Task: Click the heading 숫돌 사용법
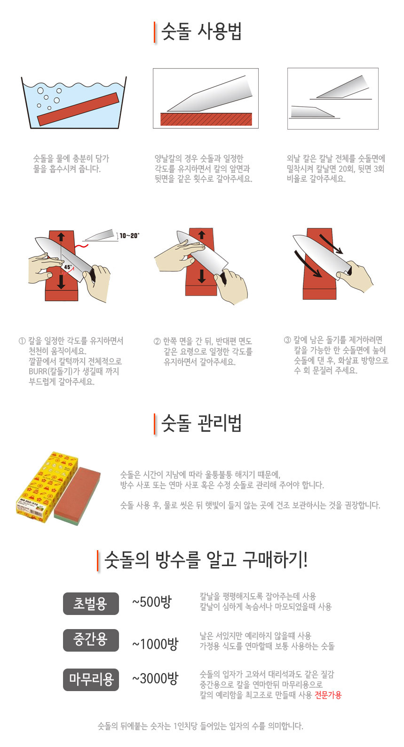click(x=201, y=32)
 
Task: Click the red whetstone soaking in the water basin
click(x=78, y=109)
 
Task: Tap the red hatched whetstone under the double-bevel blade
click(x=206, y=119)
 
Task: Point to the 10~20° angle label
click(x=129, y=236)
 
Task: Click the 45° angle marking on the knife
click(x=68, y=267)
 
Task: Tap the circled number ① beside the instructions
click(x=22, y=341)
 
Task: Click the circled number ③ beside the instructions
click(x=287, y=340)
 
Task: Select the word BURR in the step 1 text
click(x=38, y=372)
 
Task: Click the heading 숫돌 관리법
click(x=201, y=423)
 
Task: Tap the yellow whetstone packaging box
click(x=47, y=487)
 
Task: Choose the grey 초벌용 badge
click(x=91, y=604)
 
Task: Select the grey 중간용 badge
click(x=91, y=640)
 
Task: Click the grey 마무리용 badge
click(x=91, y=679)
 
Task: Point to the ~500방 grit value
click(x=152, y=602)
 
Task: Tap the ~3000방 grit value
click(x=155, y=678)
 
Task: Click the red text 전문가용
click(x=328, y=695)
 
